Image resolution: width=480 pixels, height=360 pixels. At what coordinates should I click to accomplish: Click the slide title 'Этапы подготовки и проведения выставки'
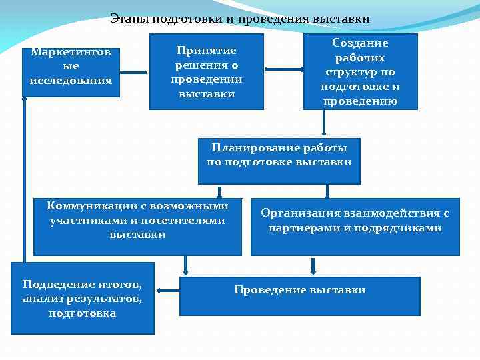(x=240, y=19)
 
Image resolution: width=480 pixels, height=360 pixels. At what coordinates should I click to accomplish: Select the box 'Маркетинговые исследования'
(x=71, y=71)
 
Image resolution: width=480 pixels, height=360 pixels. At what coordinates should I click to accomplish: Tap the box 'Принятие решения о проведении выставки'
(x=207, y=72)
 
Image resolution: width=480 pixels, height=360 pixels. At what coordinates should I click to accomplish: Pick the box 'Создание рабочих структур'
(x=360, y=71)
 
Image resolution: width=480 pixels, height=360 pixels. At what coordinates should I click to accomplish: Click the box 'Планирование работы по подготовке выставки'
(x=279, y=161)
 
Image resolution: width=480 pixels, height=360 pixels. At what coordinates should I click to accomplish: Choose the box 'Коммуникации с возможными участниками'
(x=137, y=227)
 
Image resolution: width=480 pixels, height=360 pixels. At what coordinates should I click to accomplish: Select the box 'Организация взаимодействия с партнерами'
(x=355, y=227)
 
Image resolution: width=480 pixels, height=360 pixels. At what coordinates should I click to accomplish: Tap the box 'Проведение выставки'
(x=300, y=296)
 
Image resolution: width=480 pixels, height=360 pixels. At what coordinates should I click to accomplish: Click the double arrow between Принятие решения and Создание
(x=283, y=69)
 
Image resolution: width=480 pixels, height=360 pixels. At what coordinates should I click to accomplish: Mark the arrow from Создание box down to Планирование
(x=324, y=123)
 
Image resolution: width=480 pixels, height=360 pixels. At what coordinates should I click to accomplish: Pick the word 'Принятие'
(x=207, y=51)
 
